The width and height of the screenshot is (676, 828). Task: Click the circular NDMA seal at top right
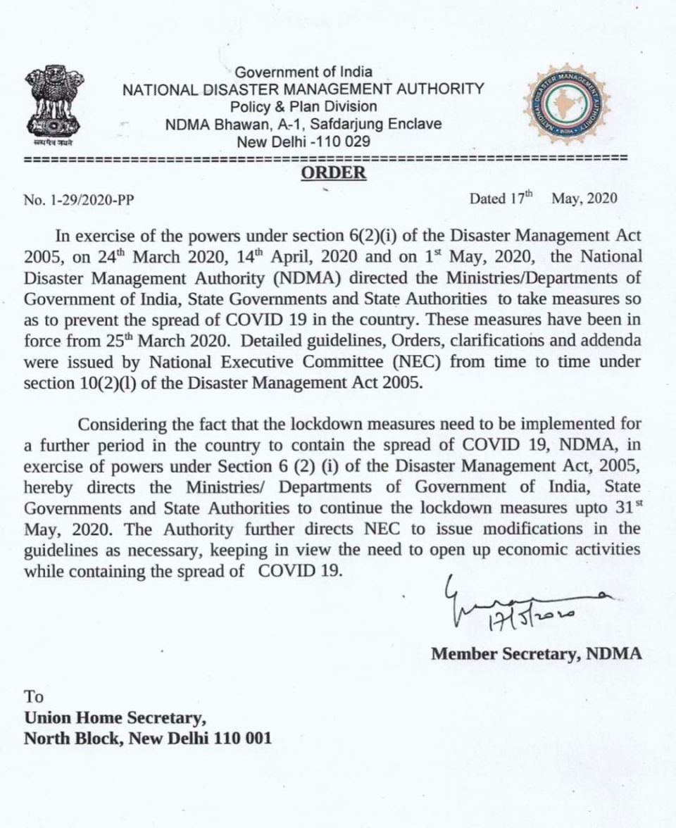click(x=565, y=105)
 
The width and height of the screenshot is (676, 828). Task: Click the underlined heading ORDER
click(x=334, y=173)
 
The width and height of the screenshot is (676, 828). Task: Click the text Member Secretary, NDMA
click(x=537, y=653)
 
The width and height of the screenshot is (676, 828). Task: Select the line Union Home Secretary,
click(x=115, y=718)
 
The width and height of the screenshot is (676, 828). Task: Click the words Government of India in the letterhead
click(x=303, y=72)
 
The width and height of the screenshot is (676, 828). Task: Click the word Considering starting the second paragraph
click(x=124, y=425)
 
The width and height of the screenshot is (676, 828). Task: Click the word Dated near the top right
click(x=487, y=199)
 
